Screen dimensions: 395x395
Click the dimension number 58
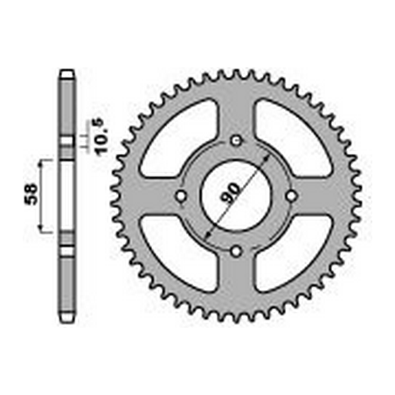click(x=31, y=194)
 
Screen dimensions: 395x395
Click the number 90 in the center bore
click(x=231, y=193)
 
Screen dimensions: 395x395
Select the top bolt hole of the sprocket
click(x=237, y=142)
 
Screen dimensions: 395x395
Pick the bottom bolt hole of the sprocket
click(x=236, y=251)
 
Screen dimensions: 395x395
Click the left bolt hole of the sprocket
click(x=182, y=196)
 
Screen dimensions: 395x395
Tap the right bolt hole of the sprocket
click(x=291, y=196)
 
